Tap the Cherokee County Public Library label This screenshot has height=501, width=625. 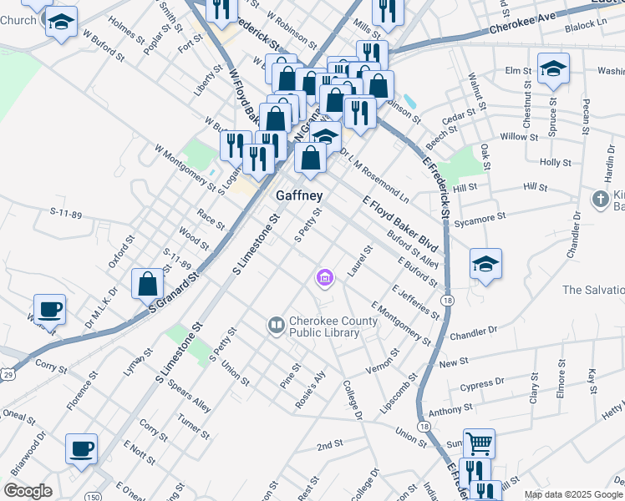click(324, 326)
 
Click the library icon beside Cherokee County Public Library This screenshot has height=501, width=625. click(276, 323)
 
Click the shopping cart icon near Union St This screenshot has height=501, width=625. click(479, 443)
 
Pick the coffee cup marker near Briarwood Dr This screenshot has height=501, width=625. click(82, 448)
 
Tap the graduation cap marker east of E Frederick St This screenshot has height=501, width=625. click(485, 264)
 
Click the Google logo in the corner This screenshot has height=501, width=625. click(28, 491)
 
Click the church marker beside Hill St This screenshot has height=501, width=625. click(600, 199)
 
